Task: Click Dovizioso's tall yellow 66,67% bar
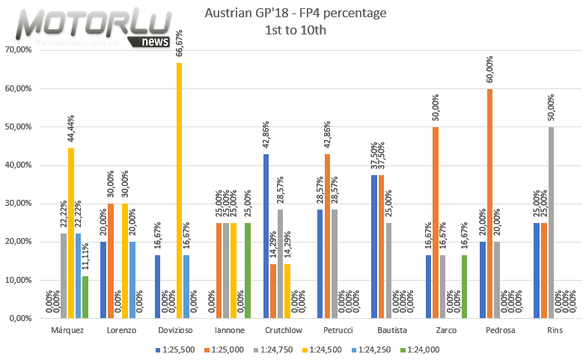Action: [179, 191]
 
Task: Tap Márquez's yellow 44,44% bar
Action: [71, 233]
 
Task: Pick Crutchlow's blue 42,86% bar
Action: [266, 236]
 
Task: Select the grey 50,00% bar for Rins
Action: [552, 222]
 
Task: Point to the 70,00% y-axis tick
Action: [18, 50]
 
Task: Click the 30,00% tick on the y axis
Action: [18, 204]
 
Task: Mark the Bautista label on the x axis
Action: [381, 330]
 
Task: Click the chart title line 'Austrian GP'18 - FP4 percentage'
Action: [295, 14]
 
